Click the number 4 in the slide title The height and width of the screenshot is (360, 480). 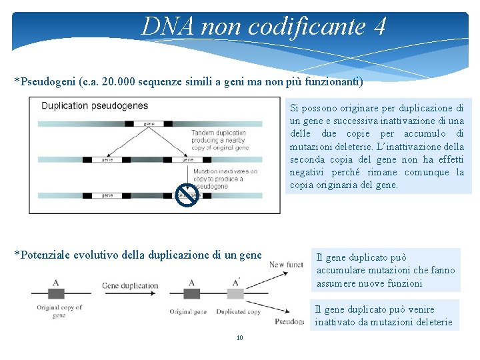point(379,27)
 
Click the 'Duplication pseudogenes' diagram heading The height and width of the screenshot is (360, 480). point(95,105)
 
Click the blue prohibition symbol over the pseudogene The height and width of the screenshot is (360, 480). point(187,195)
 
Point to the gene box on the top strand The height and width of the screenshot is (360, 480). point(149,123)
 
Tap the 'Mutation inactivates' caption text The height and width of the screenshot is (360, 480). point(225,171)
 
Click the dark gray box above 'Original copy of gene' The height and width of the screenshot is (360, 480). point(55,293)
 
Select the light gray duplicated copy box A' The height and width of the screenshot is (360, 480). point(235,293)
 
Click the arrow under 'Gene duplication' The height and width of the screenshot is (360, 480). point(129,294)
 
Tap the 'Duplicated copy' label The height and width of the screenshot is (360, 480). point(239,311)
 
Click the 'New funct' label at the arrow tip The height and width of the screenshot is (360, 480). point(286,265)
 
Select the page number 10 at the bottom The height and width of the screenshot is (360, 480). point(240,338)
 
